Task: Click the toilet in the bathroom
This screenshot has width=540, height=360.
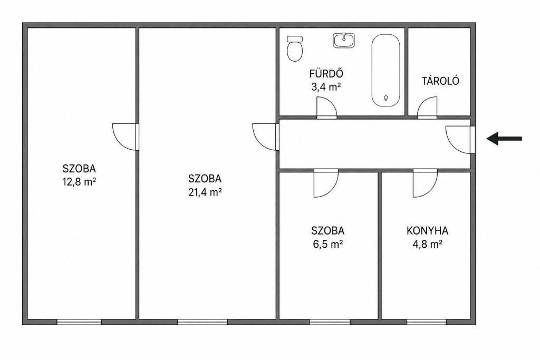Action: (295, 48)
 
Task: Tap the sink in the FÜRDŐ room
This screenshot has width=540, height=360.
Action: (344, 40)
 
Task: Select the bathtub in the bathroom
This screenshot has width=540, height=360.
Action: (385, 70)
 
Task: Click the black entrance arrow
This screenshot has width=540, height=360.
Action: (504, 139)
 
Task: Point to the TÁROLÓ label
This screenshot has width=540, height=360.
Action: (440, 81)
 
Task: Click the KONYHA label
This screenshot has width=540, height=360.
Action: (427, 230)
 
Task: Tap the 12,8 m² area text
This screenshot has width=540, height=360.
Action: (79, 182)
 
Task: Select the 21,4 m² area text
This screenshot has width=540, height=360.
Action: (205, 192)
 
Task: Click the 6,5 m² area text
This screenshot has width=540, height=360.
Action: (328, 244)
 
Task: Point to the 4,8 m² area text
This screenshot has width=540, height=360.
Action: (427, 244)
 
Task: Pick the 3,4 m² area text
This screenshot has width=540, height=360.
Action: (326, 87)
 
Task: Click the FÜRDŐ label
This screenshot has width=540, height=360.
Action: (326, 73)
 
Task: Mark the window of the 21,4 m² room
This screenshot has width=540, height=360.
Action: (202, 322)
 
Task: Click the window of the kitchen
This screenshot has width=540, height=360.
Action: (427, 322)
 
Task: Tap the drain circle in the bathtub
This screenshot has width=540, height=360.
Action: (385, 98)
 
